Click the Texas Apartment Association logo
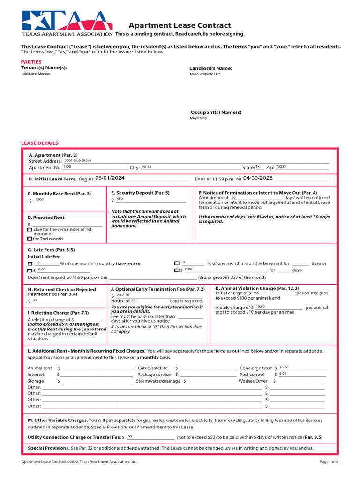[x=67, y=23]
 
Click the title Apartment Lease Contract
[x=180, y=26]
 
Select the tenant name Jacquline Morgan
[x=36, y=74]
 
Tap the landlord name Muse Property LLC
[x=204, y=74]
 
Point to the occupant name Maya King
[x=198, y=118]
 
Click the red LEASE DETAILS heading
[x=40, y=143]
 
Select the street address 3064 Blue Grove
[x=78, y=160]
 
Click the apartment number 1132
[x=67, y=166]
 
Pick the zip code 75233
[x=281, y=166]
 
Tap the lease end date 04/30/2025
[x=257, y=178]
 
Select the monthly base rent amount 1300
[x=39, y=199]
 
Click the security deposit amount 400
[x=120, y=199]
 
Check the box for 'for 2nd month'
[x=30, y=239]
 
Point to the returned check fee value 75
[x=35, y=300]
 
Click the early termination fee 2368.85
[x=123, y=295]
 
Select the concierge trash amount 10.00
[x=284, y=367]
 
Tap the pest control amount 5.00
[x=283, y=374]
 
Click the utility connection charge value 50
[x=130, y=436]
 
